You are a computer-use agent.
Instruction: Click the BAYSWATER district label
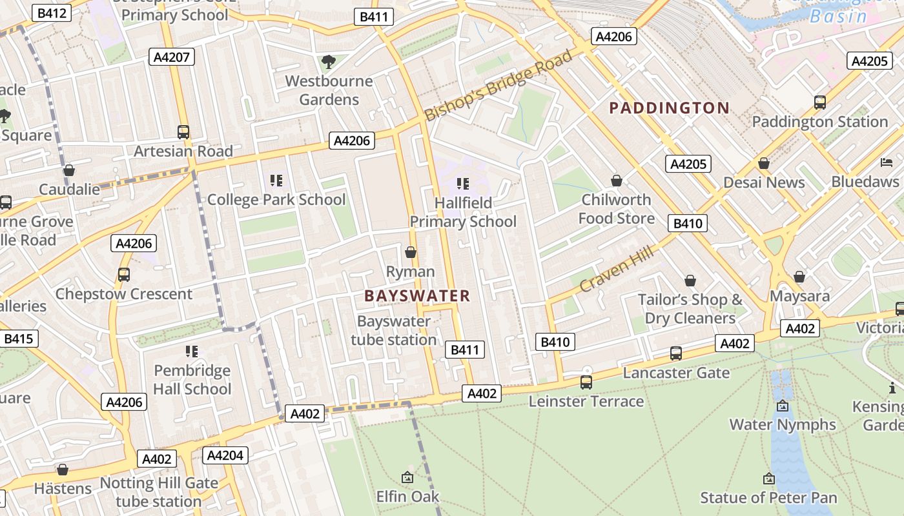click(x=417, y=296)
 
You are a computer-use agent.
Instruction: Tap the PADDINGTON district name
click(x=669, y=108)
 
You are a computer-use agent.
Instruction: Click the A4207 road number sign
click(x=172, y=57)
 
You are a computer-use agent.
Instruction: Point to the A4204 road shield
click(x=225, y=455)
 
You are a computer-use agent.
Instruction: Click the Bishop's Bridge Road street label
click(x=498, y=85)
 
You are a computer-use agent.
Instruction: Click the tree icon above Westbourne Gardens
click(x=329, y=62)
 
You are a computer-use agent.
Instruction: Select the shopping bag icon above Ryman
click(x=410, y=252)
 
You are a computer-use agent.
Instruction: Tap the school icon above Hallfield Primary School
click(x=462, y=184)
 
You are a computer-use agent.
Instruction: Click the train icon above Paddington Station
click(x=819, y=103)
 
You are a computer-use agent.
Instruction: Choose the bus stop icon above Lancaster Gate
click(x=675, y=353)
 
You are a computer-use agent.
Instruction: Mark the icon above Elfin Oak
click(x=407, y=477)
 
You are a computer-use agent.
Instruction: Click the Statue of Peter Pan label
click(x=768, y=498)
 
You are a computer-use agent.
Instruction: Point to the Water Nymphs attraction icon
click(x=783, y=406)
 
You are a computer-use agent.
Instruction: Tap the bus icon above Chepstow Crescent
click(x=124, y=275)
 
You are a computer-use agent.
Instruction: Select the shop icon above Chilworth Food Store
click(x=617, y=181)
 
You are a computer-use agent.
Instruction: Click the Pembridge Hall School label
click(x=192, y=380)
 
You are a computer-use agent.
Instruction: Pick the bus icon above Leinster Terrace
click(x=586, y=382)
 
